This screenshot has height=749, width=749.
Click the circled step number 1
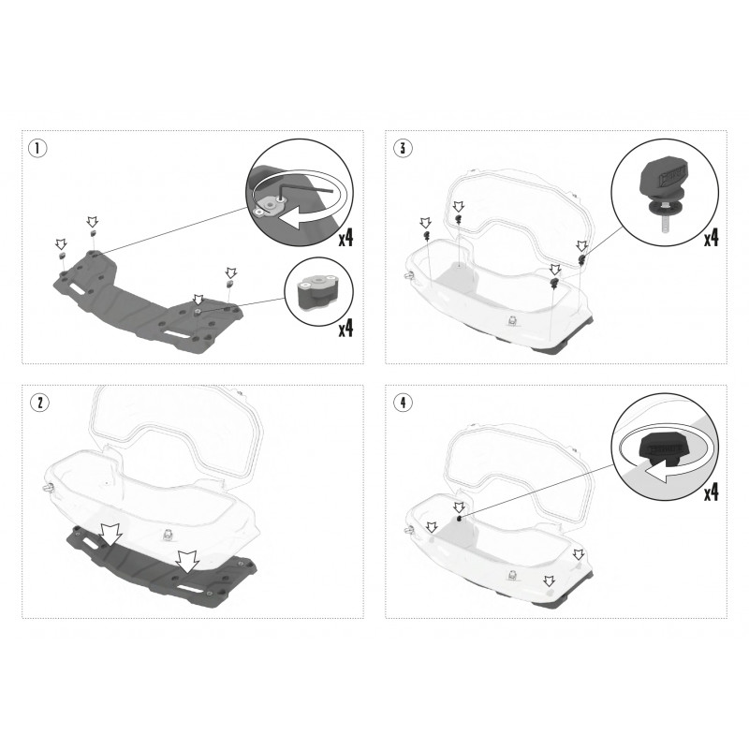click(37, 148)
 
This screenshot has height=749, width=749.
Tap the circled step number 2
click(39, 403)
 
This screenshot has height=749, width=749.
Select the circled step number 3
click(403, 148)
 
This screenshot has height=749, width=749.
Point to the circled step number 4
click(404, 403)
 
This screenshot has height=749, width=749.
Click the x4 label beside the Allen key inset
click(345, 238)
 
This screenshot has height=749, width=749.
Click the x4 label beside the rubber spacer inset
click(345, 329)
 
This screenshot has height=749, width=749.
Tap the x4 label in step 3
click(711, 238)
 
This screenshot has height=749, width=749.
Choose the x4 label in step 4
click(711, 492)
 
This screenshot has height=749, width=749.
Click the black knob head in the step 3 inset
click(663, 178)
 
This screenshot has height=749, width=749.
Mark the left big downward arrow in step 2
click(110, 534)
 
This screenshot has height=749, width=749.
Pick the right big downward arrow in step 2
click(187, 561)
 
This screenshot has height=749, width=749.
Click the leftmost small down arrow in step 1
click(61, 244)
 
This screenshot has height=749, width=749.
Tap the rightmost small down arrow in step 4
click(579, 554)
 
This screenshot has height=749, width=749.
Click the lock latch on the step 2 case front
click(168, 535)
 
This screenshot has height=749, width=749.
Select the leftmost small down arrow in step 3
click(425, 223)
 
